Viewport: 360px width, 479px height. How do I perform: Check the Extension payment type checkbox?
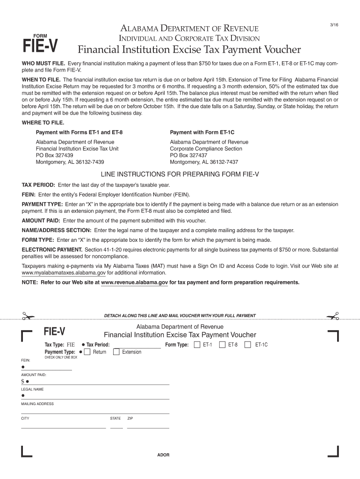pyautogui.click(x=116, y=352)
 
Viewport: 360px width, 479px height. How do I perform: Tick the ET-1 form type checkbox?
pyautogui.click(x=196, y=345)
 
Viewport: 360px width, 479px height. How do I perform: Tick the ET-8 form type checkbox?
pyautogui.click(x=222, y=345)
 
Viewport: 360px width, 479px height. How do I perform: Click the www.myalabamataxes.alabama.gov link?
pyautogui.click(x=64, y=273)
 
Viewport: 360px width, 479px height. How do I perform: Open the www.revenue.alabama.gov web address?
pyautogui.click(x=134, y=283)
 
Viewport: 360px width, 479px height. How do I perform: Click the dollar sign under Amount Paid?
pyautogui.click(x=22, y=381)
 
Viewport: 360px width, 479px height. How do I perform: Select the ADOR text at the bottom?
pyautogui.click(x=163, y=455)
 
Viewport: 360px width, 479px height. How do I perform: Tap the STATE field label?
pyautogui.click(x=115, y=418)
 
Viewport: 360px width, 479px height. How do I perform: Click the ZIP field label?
pyautogui.click(x=130, y=418)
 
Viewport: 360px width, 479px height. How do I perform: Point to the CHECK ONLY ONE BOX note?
pyautogui.click(x=61, y=357)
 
